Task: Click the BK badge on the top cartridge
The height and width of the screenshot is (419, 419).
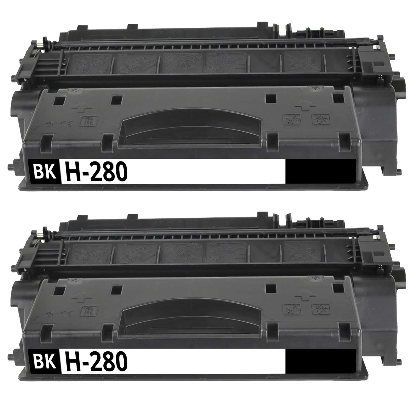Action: [45, 171]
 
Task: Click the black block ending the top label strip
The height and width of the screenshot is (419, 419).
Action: [321, 171]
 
